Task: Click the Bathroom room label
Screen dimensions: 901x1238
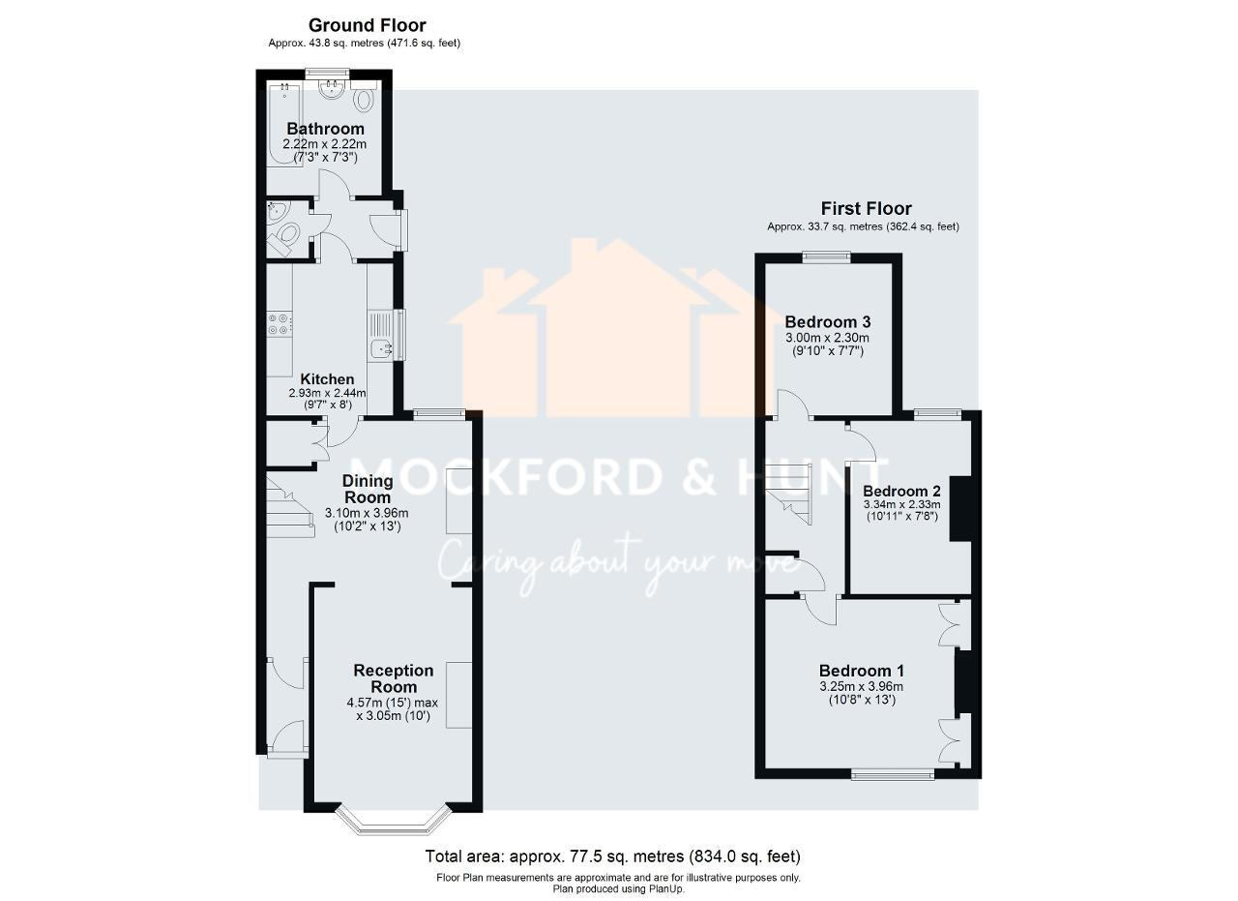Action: [325, 129]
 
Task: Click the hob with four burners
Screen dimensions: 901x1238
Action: [280, 322]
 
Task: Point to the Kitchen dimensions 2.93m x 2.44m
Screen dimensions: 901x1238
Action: [327, 394]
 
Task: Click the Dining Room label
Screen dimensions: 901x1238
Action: [368, 489]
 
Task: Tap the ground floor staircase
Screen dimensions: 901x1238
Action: [289, 505]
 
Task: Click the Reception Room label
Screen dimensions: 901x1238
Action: [393, 678]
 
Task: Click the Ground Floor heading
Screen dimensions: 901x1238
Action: [367, 25]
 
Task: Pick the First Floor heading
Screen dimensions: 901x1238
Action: [866, 208]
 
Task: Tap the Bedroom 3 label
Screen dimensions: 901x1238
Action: [827, 322]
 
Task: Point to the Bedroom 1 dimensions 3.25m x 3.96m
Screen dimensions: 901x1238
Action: [861, 687]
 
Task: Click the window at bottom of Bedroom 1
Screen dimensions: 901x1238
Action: [892, 773]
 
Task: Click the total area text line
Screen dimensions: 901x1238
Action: [613, 856]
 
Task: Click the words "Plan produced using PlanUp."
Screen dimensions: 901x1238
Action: [618, 888]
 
